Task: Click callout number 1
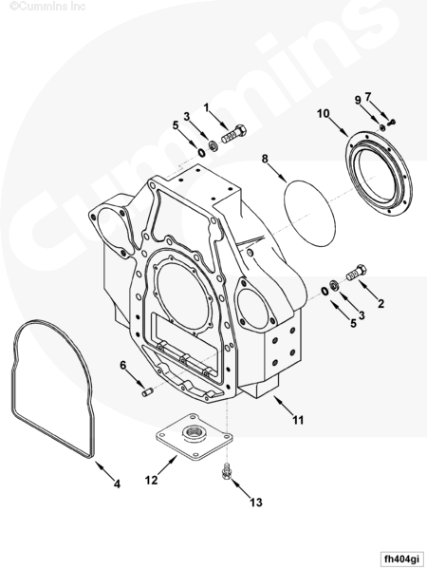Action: coord(206,108)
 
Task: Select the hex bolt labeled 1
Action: coord(234,134)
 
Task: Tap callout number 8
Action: coord(265,159)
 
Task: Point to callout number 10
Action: coord(323,114)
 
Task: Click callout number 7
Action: coord(368,97)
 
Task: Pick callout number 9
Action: coord(358,100)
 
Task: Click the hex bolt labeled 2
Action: coord(357,273)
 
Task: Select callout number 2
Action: coord(381,303)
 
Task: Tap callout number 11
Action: coord(298,420)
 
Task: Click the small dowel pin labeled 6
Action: coord(147,393)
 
